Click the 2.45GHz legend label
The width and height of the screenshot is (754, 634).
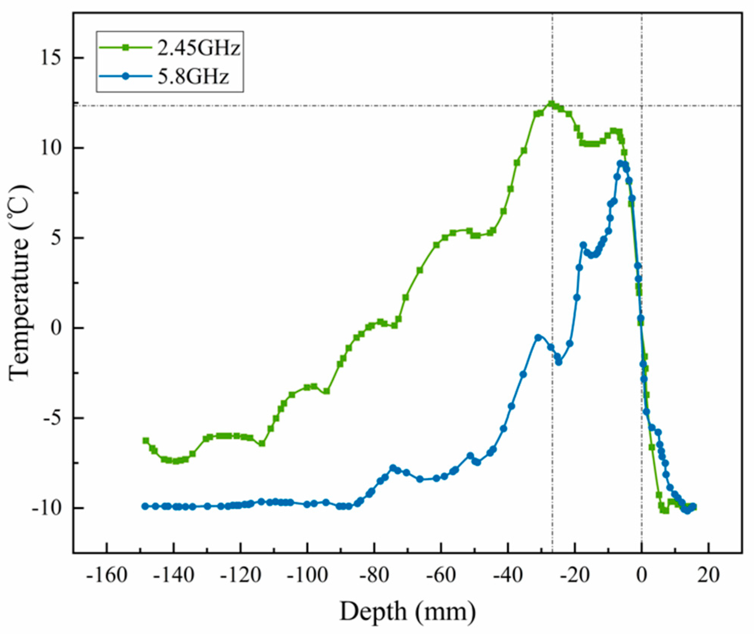coord(199,49)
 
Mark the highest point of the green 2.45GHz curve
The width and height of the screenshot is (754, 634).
coord(552,104)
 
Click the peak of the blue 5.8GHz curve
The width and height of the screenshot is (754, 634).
coord(620,163)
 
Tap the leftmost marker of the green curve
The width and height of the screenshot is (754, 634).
coord(146,441)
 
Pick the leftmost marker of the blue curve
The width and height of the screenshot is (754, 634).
coord(145,506)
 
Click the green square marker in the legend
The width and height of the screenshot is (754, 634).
coord(127,47)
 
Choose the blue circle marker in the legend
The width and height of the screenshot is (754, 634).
coord(127,76)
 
